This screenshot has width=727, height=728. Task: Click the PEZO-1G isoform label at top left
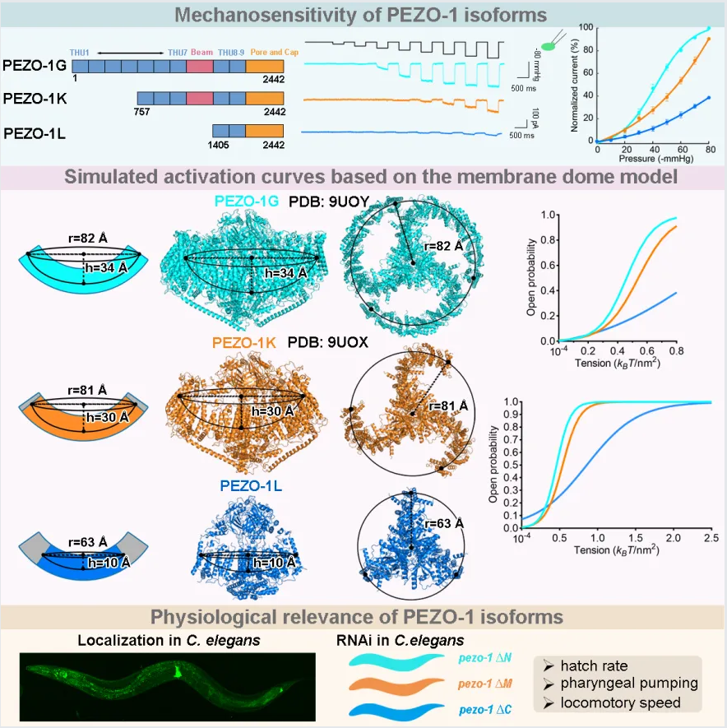[x=35, y=64]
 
